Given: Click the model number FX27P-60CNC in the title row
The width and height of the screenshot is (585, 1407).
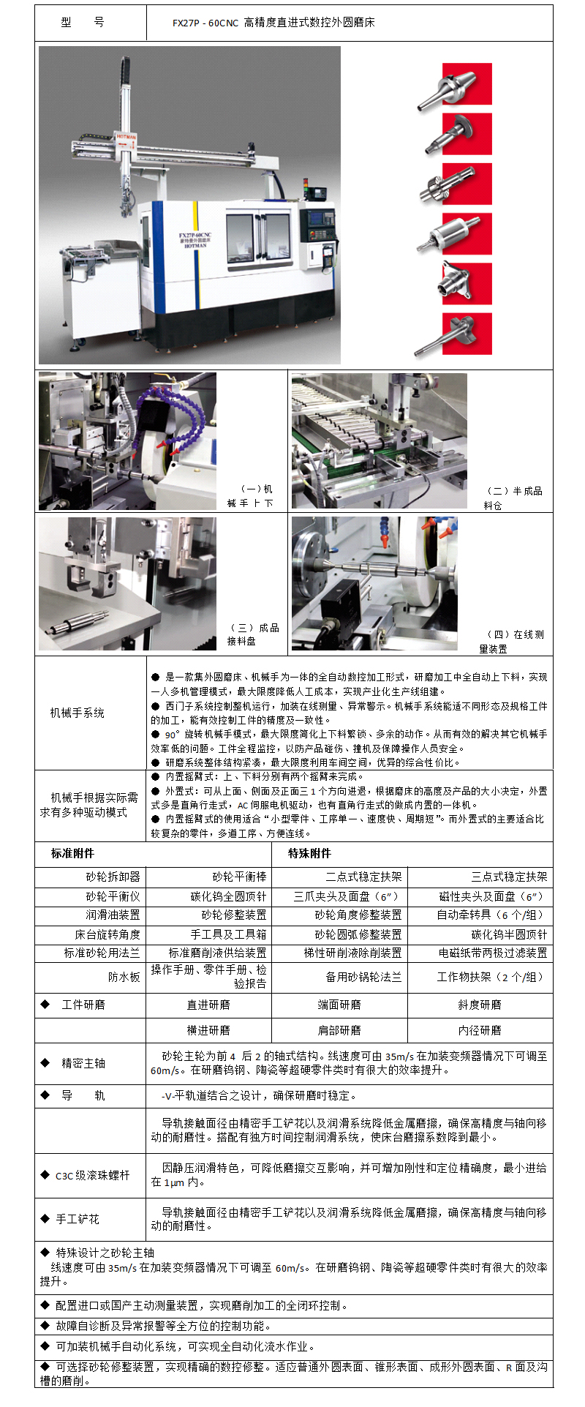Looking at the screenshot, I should point(205,23).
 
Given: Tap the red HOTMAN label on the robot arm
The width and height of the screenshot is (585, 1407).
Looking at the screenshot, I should point(125,137).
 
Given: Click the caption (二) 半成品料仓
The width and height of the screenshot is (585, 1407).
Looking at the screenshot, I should point(513,498).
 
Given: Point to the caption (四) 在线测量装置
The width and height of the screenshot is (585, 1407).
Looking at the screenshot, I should point(512,641).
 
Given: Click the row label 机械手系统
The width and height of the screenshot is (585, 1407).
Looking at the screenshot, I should point(77,713).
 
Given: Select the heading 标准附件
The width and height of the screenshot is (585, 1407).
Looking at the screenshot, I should point(72,853).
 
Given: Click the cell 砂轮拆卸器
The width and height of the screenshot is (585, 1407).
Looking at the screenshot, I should point(113,877).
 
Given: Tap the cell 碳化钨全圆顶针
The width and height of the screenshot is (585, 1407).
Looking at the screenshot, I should point(228,896).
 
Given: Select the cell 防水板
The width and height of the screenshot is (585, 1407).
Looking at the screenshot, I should point(124,977).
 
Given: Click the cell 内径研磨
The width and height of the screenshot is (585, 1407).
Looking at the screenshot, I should point(479,1030).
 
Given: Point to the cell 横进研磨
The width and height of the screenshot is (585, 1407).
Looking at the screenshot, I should point(208,1030).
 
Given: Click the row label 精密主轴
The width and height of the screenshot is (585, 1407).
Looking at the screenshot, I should point(83,1062).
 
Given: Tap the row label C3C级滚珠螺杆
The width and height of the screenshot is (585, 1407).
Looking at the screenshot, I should point(92,1175).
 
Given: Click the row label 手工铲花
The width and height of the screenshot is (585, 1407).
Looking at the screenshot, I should point(78,1219).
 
